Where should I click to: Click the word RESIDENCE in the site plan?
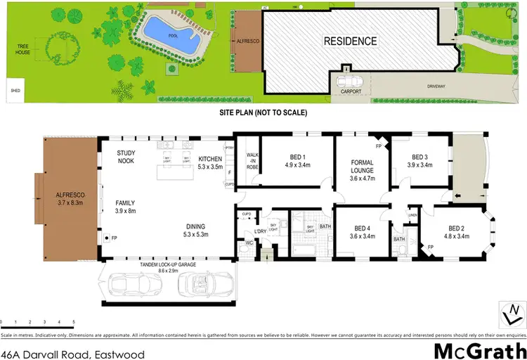pyautogui.click(x=350, y=41)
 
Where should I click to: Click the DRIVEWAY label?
pyautogui.click(x=436, y=86)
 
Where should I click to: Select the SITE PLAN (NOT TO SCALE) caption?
pyautogui.click(x=264, y=112)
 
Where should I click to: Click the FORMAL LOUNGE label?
pyautogui.click(x=362, y=169)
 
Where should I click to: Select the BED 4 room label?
pyautogui.click(x=362, y=232)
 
